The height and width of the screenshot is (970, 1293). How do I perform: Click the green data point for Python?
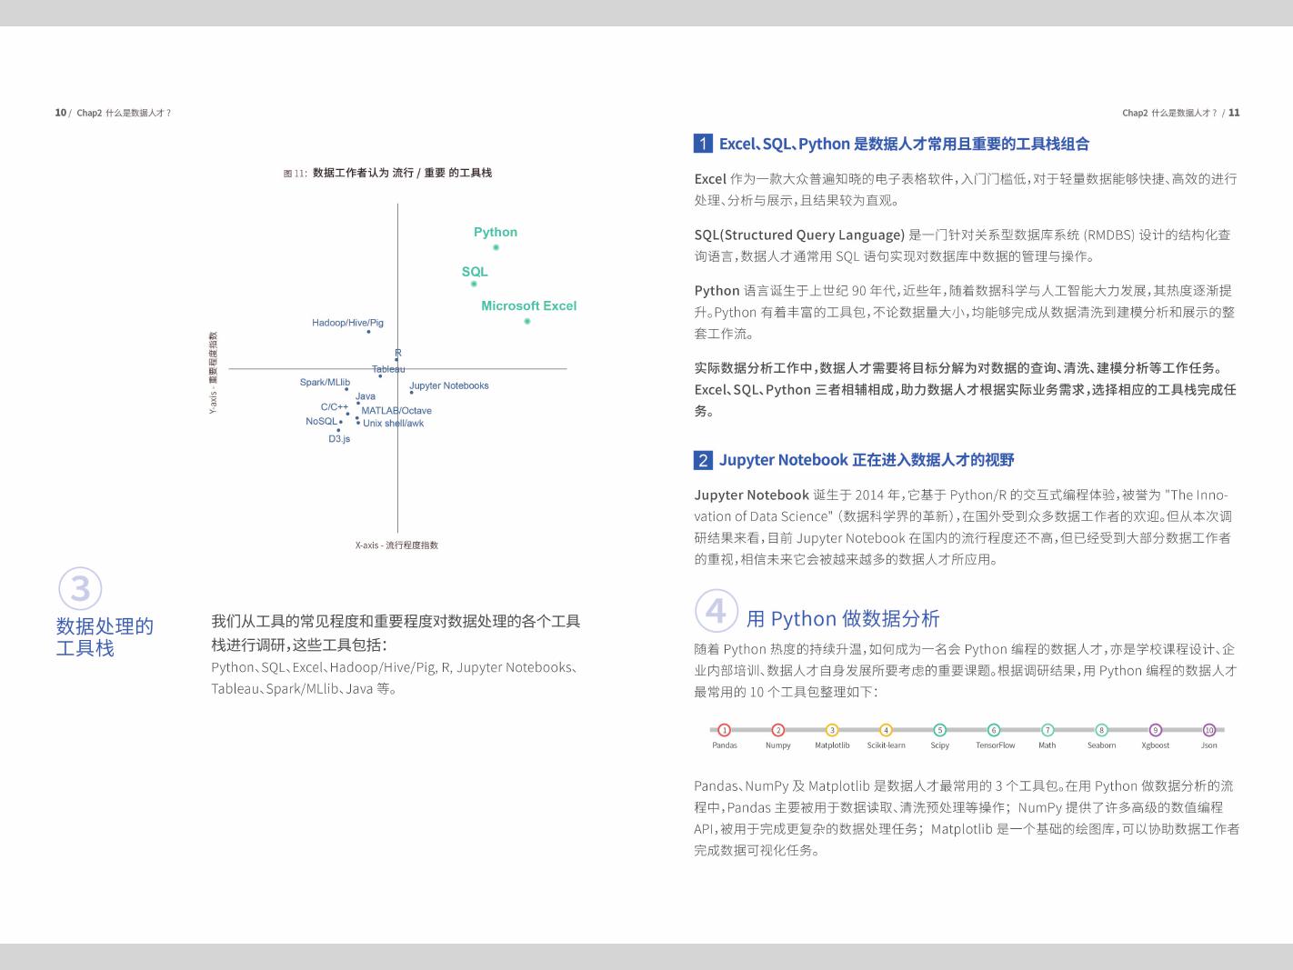(x=496, y=247)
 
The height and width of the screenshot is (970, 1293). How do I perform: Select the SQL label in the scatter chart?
(x=475, y=272)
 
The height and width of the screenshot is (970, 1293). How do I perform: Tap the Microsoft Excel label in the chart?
(x=529, y=305)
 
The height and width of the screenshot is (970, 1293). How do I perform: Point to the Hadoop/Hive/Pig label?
(x=347, y=323)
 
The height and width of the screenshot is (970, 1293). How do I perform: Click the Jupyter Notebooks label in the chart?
(x=449, y=385)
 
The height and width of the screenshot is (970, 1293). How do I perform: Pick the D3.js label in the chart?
(x=339, y=439)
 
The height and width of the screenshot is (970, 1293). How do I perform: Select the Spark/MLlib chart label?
(x=325, y=382)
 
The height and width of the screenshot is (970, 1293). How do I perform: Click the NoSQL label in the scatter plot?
(x=321, y=421)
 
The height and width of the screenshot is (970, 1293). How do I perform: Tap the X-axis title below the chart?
(x=396, y=545)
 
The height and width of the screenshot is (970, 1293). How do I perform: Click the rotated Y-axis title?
(x=214, y=373)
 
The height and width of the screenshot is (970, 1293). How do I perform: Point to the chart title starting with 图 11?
(x=387, y=173)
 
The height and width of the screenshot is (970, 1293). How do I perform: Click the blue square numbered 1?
(x=704, y=144)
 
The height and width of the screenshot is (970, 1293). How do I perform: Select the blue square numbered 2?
(x=704, y=460)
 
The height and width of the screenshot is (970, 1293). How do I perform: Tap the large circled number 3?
(x=80, y=588)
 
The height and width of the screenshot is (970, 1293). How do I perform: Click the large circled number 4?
(x=717, y=611)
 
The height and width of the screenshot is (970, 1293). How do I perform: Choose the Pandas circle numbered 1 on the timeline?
(x=725, y=730)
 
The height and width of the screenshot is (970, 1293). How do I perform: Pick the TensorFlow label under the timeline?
(x=995, y=745)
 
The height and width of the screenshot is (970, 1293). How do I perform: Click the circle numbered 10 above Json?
(x=1209, y=730)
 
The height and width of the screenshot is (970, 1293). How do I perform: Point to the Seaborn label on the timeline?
(x=1101, y=745)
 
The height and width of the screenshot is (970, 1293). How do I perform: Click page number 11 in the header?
(x=1234, y=113)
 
